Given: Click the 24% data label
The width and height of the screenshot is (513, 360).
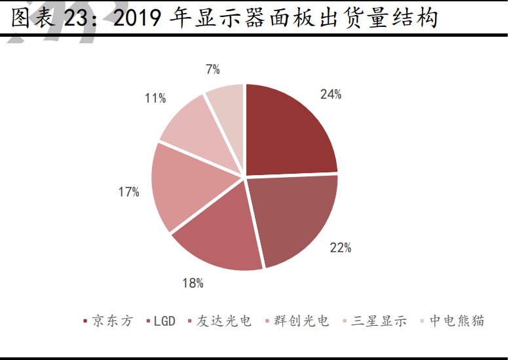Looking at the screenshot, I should coord(331,94).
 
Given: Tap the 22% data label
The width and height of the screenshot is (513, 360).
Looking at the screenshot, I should coord(341,248).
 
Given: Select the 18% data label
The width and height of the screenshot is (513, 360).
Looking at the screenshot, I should coord(193,283).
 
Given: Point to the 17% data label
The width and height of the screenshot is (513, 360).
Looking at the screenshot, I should coord(128,192).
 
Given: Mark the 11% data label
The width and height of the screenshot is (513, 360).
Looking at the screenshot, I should coord(155,98).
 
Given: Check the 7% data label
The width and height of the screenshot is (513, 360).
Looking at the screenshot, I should coord(212,69).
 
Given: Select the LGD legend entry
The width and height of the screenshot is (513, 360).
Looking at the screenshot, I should coord(164,321).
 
